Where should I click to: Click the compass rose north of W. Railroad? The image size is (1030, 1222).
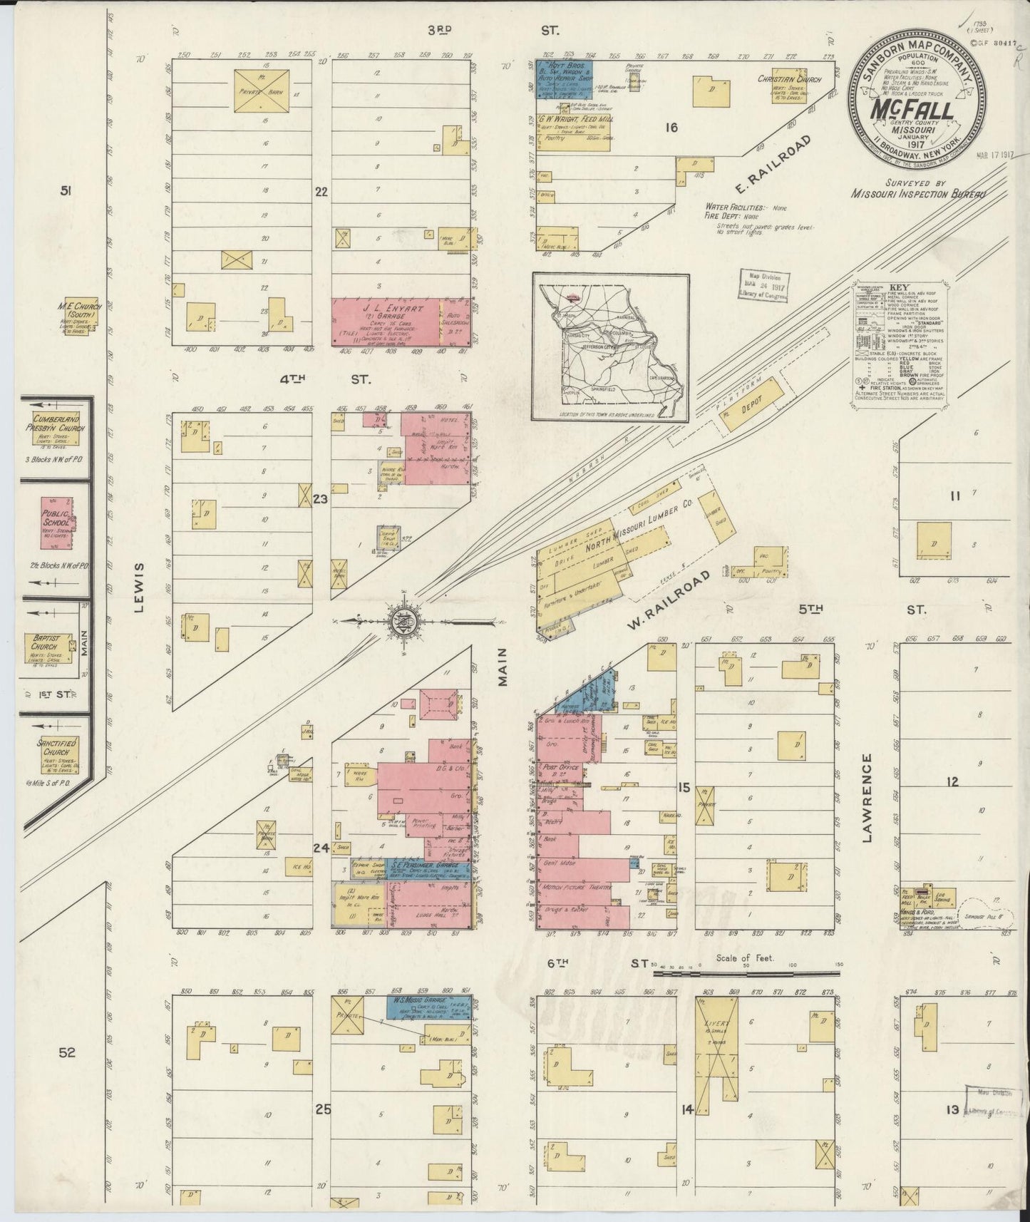tap(403, 621)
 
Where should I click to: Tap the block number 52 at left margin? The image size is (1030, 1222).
tap(67, 1052)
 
